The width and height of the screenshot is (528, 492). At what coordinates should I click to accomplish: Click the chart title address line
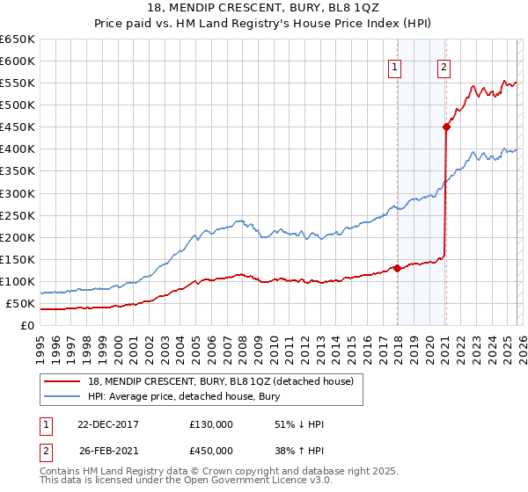264,8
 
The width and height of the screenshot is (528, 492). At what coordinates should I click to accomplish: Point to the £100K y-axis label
18,282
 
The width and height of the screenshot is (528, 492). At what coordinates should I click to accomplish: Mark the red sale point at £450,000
446,127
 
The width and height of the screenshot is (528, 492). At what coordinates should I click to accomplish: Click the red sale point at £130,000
397,268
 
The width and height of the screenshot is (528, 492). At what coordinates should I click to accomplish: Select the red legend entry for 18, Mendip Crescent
220,381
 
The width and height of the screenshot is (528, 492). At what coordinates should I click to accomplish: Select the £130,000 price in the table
211,424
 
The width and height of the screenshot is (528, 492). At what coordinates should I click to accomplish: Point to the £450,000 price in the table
211,451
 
